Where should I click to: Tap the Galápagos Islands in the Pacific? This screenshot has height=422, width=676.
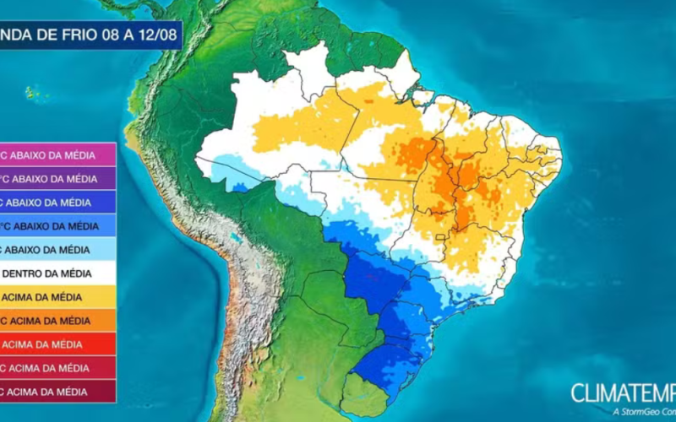[34, 92]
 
